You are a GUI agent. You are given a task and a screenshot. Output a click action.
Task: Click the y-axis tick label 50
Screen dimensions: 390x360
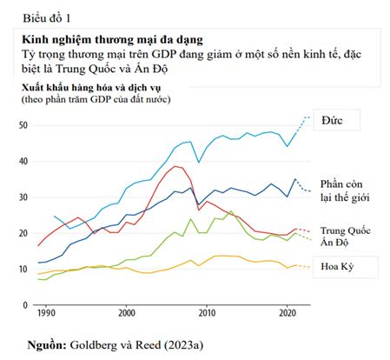point(23,125)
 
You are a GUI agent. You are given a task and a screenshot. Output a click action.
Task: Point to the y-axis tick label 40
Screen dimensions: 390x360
point(23,161)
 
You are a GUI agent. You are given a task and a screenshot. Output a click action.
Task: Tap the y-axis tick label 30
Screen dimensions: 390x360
point(23,197)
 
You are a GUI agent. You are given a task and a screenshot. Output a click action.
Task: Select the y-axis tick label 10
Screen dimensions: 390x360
point(23,269)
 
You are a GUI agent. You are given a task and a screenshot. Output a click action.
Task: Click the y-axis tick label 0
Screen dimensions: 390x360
point(25,305)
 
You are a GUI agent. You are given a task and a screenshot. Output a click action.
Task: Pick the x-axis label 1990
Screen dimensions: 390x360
point(46,313)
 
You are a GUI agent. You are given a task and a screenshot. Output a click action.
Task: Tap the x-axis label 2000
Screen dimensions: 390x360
point(127,313)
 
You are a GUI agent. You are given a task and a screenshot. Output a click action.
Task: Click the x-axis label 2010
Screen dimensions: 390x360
point(207,313)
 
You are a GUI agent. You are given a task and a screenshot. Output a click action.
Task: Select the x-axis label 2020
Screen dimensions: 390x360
point(288,313)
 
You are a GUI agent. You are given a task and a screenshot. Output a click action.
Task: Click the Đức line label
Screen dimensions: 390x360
point(332,120)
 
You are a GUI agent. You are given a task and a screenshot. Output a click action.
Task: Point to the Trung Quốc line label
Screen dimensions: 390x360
point(346,230)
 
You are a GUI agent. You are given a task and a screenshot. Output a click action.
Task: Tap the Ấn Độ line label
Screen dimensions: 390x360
point(334,242)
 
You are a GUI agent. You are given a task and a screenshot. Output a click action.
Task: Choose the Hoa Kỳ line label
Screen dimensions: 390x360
point(337,266)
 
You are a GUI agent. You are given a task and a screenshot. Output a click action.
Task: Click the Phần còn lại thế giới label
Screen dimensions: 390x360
point(345,190)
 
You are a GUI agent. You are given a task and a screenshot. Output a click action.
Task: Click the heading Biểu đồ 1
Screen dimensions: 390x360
point(47,18)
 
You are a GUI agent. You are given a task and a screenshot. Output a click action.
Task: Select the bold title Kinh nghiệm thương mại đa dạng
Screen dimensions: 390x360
point(112,40)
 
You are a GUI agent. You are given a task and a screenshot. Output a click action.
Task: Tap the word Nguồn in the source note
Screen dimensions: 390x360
point(47,345)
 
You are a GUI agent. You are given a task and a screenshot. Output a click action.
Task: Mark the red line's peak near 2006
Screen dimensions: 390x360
point(175,166)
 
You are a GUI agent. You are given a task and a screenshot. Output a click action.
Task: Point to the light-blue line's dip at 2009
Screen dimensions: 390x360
point(199,163)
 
